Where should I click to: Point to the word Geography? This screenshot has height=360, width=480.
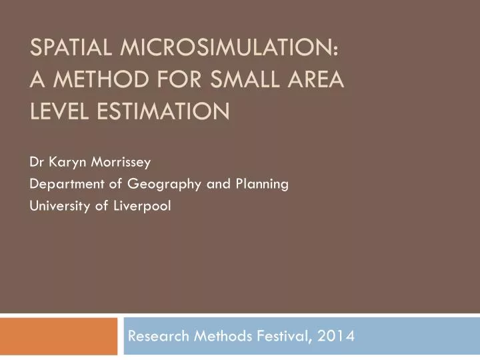[x=149, y=185]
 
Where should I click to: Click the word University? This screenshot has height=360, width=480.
[x=58, y=206]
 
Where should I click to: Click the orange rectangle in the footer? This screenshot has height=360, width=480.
[x=58, y=337]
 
